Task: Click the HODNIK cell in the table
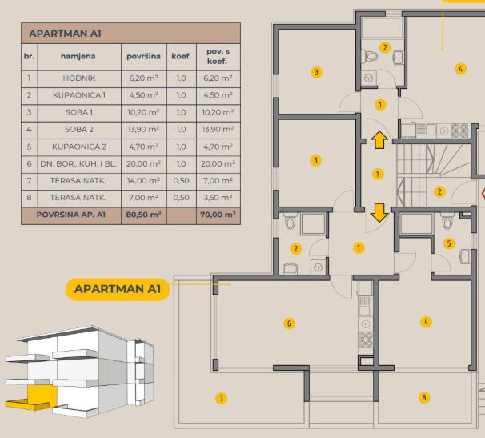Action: pos(79,78)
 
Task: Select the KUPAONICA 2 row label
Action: pos(79,147)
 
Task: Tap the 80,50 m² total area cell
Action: pos(143,215)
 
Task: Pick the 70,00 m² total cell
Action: pos(218,215)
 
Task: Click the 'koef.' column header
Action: pos(181,56)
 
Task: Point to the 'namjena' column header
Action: pos(78,56)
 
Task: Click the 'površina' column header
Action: pos(143,56)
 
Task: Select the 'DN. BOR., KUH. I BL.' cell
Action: pos(78,163)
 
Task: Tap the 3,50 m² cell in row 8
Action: pos(218,198)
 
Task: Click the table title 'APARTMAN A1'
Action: pos(66,34)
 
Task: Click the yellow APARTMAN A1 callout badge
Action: pos(118,289)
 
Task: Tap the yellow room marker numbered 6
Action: pos(289,323)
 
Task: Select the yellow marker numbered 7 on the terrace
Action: pos(221,398)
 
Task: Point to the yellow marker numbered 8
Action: pos(424,397)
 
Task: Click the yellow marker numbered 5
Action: pos(449,243)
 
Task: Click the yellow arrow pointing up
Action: pos(379,139)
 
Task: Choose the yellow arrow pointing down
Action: pos(379,213)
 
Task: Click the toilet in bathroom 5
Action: pos(447,221)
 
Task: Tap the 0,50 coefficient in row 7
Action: pos(181,180)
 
